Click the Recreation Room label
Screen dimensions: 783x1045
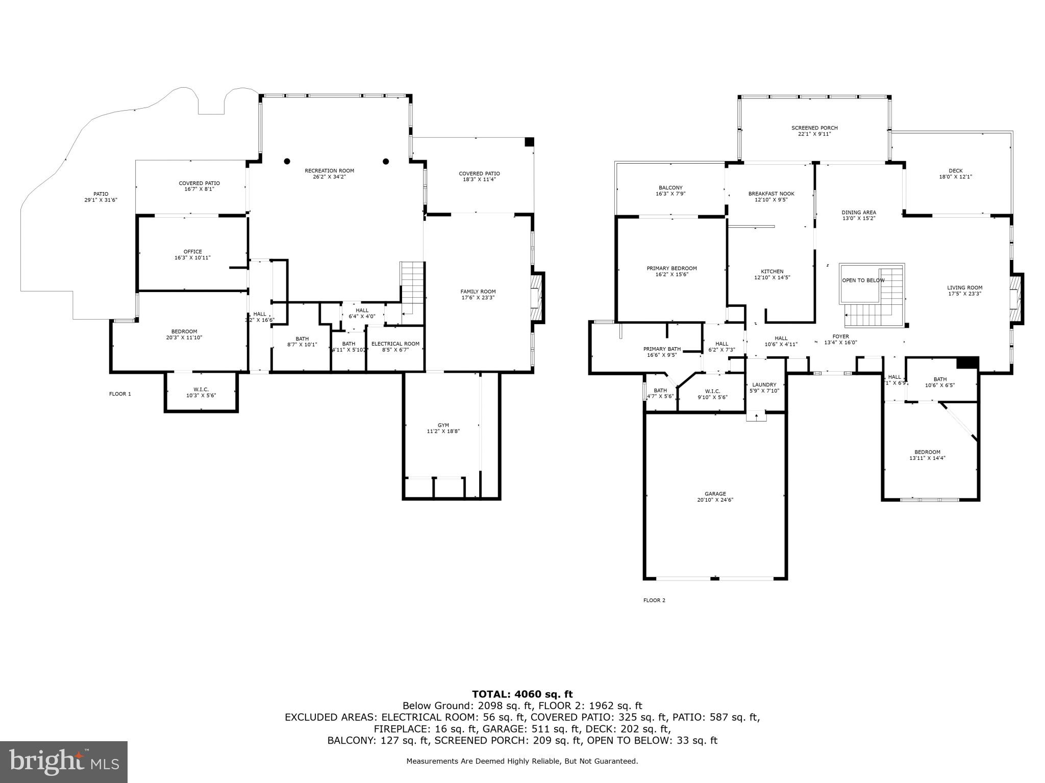click(329, 171)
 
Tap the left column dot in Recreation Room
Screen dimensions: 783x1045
click(287, 161)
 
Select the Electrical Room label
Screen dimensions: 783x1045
click(395, 344)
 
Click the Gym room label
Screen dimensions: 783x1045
click(443, 425)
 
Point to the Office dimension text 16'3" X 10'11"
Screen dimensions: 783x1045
click(192, 258)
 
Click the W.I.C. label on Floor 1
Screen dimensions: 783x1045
click(201, 389)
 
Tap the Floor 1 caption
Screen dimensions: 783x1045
click(120, 394)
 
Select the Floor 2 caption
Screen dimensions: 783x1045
click(654, 600)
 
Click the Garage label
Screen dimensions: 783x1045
click(715, 493)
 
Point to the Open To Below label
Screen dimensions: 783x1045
click(863, 280)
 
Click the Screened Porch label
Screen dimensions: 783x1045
click(814, 128)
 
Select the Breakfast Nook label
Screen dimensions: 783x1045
click(771, 194)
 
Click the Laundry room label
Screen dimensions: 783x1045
click(764, 385)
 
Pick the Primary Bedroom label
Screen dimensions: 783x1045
click(671, 268)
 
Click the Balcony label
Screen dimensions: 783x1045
click(670, 188)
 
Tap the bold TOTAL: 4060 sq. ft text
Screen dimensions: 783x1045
click(522, 694)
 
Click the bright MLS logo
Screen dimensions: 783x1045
click(64, 762)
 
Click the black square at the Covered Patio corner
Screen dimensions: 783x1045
click(529, 142)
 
